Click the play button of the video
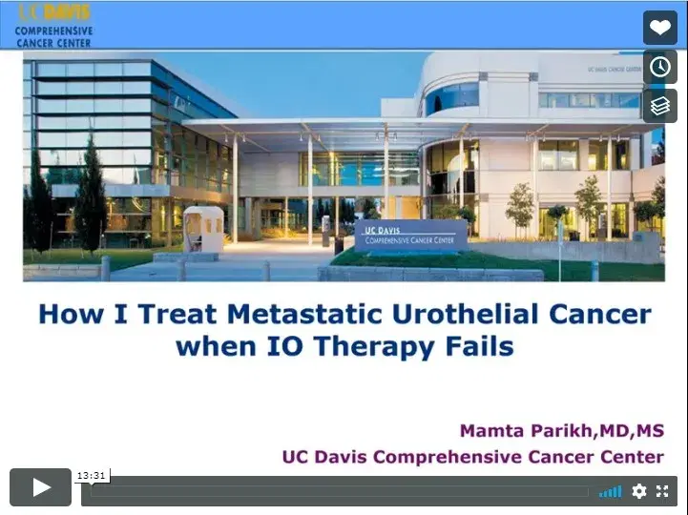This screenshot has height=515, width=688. (x=41, y=487)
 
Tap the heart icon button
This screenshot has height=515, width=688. (x=659, y=28)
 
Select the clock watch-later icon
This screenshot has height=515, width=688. (x=659, y=67)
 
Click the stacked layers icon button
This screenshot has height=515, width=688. (x=659, y=106)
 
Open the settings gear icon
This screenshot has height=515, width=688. (x=639, y=491)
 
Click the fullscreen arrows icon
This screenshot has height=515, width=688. (x=662, y=491)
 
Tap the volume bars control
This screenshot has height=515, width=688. (x=610, y=491)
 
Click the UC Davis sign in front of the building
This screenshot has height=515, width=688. (x=411, y=234)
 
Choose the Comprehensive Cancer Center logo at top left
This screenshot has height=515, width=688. (x=52, y=26)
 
